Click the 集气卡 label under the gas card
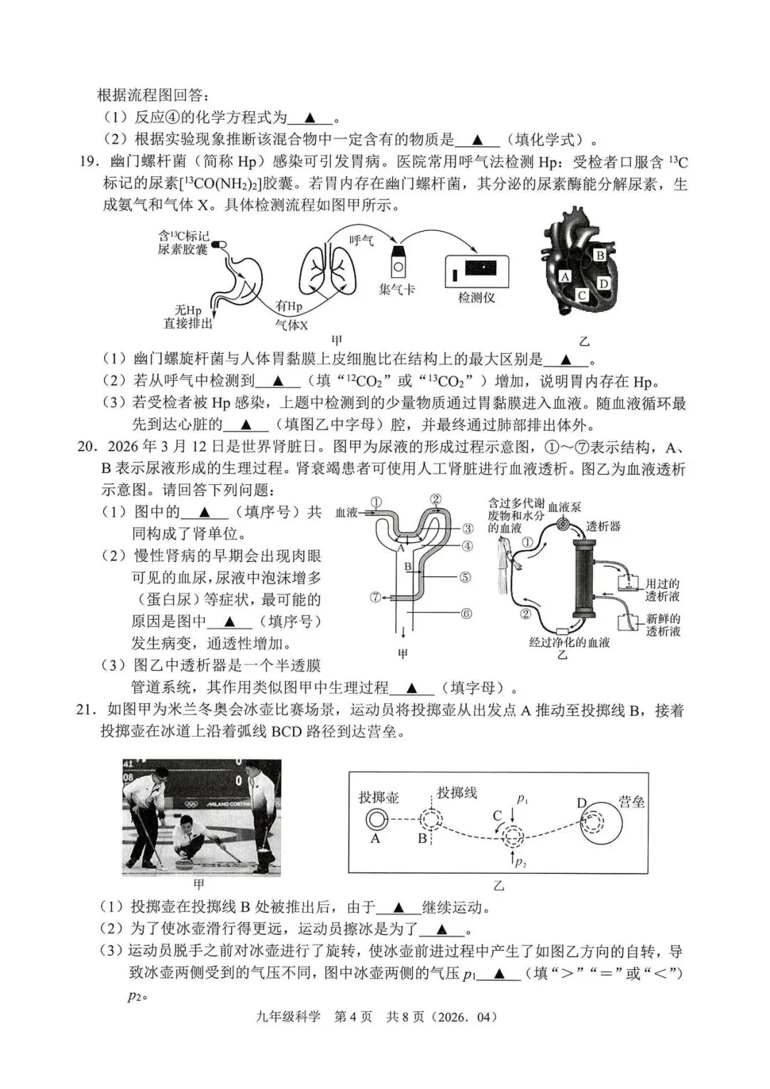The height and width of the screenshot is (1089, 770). tap(396, 290)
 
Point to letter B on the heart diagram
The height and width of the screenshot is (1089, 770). tap(600, 255)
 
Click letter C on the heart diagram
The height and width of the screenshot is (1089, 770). tap(582, 295)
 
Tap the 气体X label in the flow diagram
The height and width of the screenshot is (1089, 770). tap(291, 324)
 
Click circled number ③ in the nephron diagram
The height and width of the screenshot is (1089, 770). tap(467, 528)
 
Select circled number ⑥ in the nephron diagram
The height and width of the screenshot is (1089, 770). tap(466, 613)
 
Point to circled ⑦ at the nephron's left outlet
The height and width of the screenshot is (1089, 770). tap(376, 597)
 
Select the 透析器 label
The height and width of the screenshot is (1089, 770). tap(603, 526)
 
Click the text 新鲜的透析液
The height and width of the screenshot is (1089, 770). tap(662, 625)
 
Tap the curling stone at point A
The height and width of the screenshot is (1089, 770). tap(376, 819)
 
